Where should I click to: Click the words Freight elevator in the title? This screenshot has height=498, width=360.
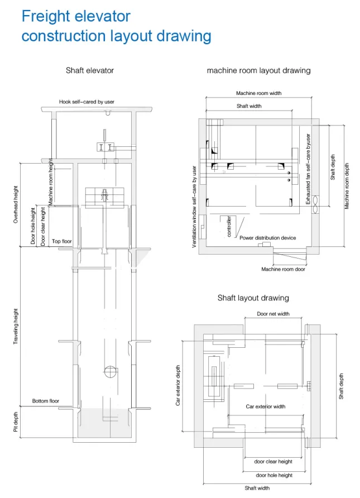tap(76, 16)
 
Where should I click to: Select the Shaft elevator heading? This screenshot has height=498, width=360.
tap(90, 70)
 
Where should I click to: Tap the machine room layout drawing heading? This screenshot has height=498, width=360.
tap(258, 70)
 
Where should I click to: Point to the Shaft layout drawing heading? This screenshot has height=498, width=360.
tap(253, 298)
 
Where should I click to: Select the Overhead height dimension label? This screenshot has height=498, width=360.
tap(16, 205)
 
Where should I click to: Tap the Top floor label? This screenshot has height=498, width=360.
tap(62, 241)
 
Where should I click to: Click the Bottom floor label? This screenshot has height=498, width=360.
tap(45, 401)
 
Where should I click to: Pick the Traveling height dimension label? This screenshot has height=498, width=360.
tap(16, 326)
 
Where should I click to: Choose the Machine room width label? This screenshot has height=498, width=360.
tap(258, 93)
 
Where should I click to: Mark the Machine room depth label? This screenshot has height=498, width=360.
tap(347, 186)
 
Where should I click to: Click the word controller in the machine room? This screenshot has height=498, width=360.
tap(229, 227)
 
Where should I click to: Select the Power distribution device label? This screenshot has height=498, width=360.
tap(267, 237)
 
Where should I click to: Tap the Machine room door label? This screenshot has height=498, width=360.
tap(283, 269)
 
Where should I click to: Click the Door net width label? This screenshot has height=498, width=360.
tap(273, 314)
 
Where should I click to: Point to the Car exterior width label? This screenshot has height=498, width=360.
tap(266, 406)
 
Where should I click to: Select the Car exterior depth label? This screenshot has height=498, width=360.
tap(179, 385)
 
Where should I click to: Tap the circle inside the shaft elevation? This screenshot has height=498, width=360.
tap(110, 371)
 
